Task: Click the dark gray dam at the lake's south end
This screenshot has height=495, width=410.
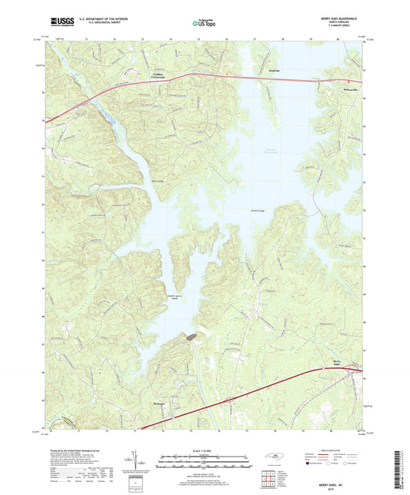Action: [189, 337]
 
